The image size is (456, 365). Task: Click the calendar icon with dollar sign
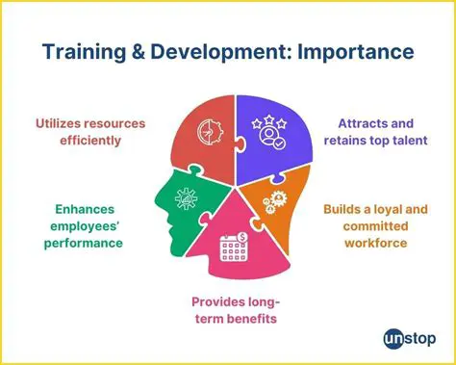(234, 247)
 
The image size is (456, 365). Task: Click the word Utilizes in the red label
(68, 123)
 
